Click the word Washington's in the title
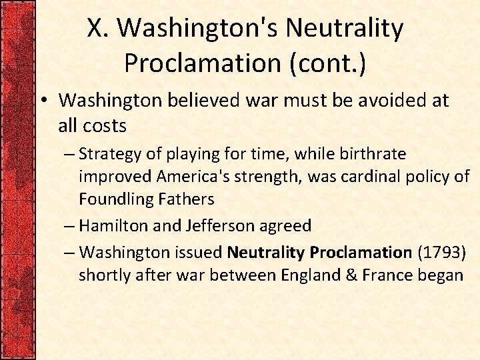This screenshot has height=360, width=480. (x=197, y=29)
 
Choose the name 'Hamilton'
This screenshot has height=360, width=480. (x=112, y=225)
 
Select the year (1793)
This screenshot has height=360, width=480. (x=441, y=253)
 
